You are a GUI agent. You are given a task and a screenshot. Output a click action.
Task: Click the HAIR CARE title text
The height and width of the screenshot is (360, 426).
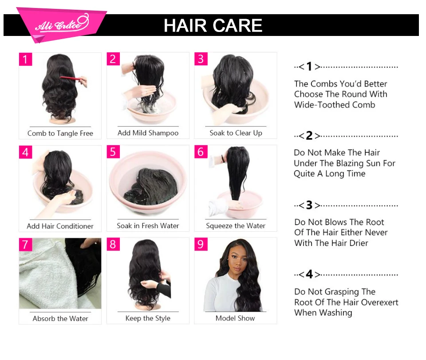pyautogui.click(x=213, y=25)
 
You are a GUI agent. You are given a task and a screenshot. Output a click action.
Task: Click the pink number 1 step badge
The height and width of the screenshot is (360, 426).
pyautogui.click(x=25, y=59)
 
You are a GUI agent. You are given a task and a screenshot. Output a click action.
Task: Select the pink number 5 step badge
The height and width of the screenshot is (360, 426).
pyautogui.click(x=113, y=152)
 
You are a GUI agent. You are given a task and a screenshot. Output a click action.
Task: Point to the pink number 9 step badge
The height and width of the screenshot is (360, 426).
pyautogui.click(x=201, y=244)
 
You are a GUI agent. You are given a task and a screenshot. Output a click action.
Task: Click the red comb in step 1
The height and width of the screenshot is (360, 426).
pyautogui.click(x=71, y=79)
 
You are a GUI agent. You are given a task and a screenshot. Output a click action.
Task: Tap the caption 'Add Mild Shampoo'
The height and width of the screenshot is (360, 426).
pyautogui.click(x=148, y=133)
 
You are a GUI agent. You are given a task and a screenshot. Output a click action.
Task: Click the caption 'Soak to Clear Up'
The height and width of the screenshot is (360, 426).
pyautogui.click(x=236, y=133)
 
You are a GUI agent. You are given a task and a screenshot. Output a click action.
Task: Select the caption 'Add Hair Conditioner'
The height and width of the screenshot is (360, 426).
pyautogui.click(x=60, y=226)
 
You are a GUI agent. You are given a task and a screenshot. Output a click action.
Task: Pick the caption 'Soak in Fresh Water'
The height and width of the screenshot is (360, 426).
pyautogui.click(x=148, y=225)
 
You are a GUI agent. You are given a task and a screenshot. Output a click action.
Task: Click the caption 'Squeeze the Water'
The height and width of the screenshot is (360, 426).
pyautogui.click(x=236, y=225)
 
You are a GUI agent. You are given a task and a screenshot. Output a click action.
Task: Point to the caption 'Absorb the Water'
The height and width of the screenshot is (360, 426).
pyautogui.click(x=60, y=318)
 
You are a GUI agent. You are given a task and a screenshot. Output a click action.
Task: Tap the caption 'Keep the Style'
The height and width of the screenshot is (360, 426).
pyautogui.click(x=148, y=318)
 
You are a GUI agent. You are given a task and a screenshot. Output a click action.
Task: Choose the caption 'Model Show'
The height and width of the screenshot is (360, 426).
pyautogui.click(x=235, y=318)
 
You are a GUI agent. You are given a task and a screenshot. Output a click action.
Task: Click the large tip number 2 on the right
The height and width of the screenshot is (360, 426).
pyautogui.click(x=309, y=136)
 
